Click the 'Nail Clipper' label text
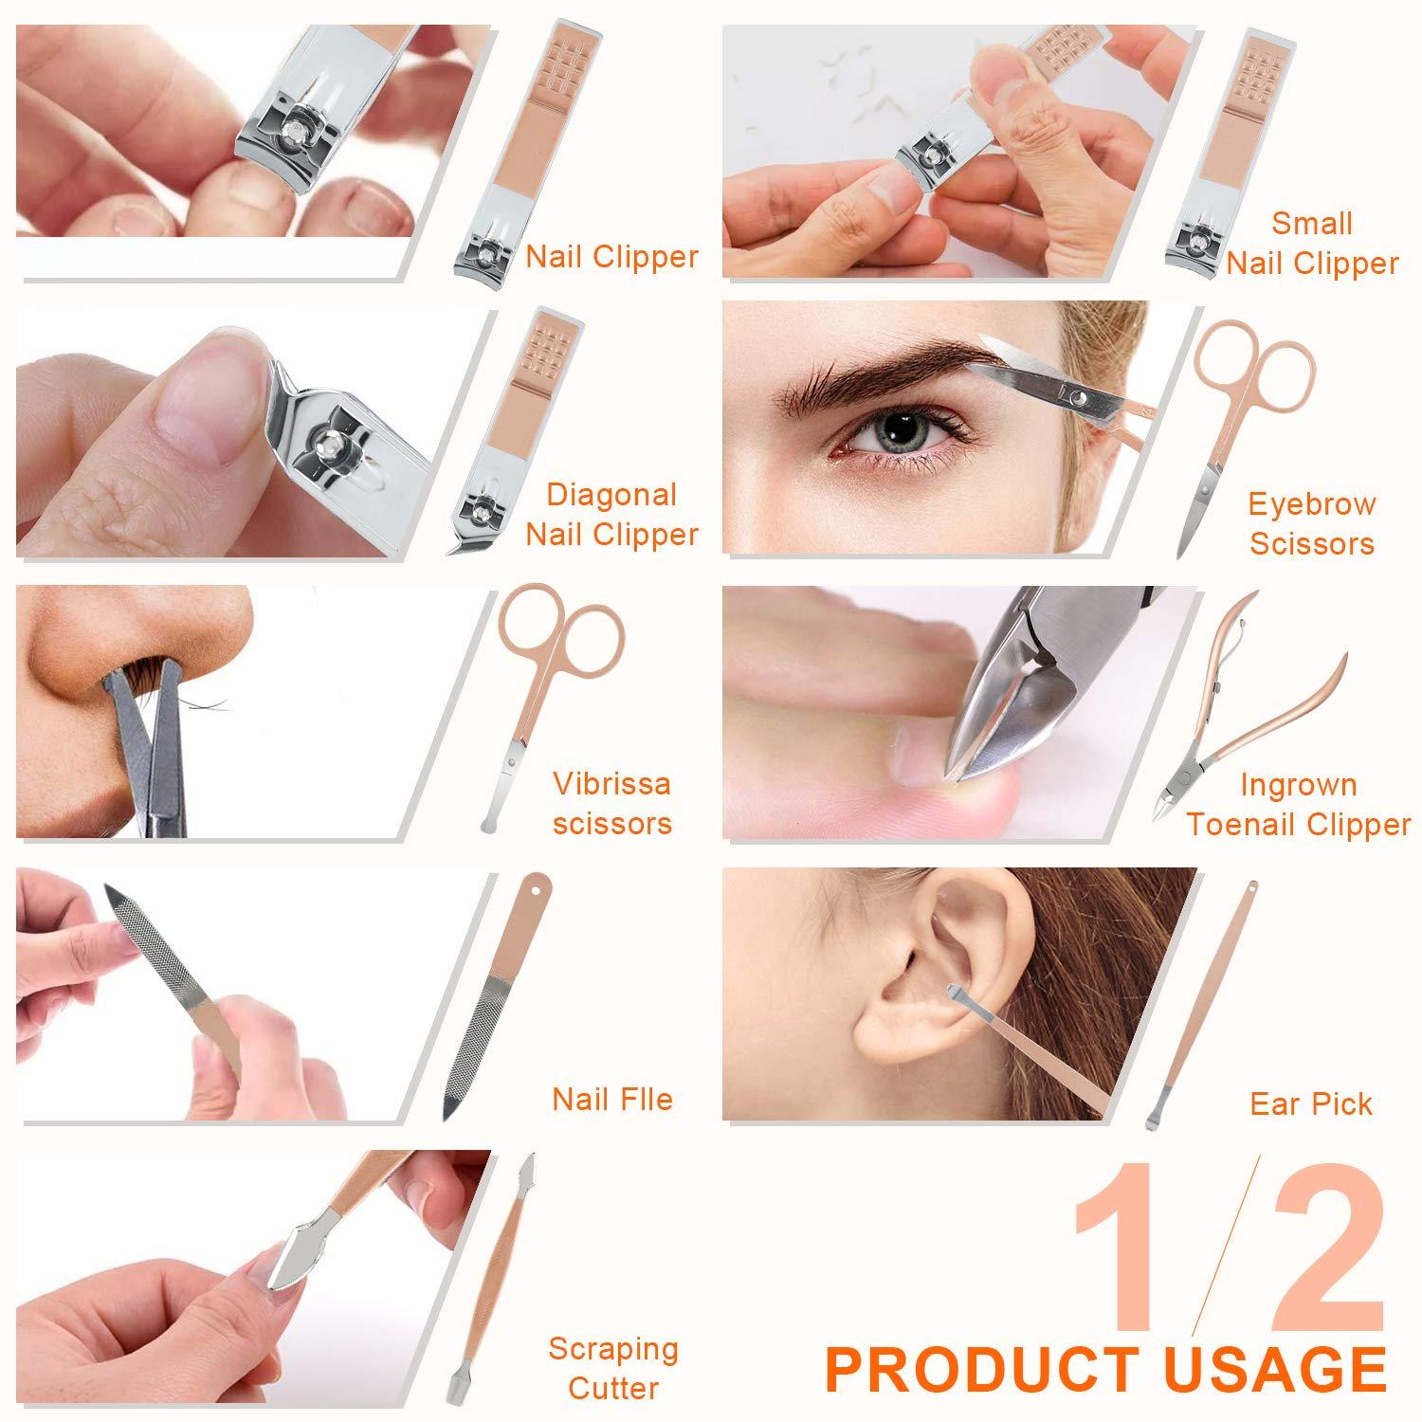coord(611,257)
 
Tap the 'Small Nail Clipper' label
coord(1312,244)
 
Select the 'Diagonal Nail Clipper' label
coord(611,515)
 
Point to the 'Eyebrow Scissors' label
coord(1311,523)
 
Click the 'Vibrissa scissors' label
coord(611,803)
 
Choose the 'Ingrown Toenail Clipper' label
coord(1299,805)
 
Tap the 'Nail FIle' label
coord(612,1100)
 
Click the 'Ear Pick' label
coord(1311,1103)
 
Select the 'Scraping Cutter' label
coord(612,1368)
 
